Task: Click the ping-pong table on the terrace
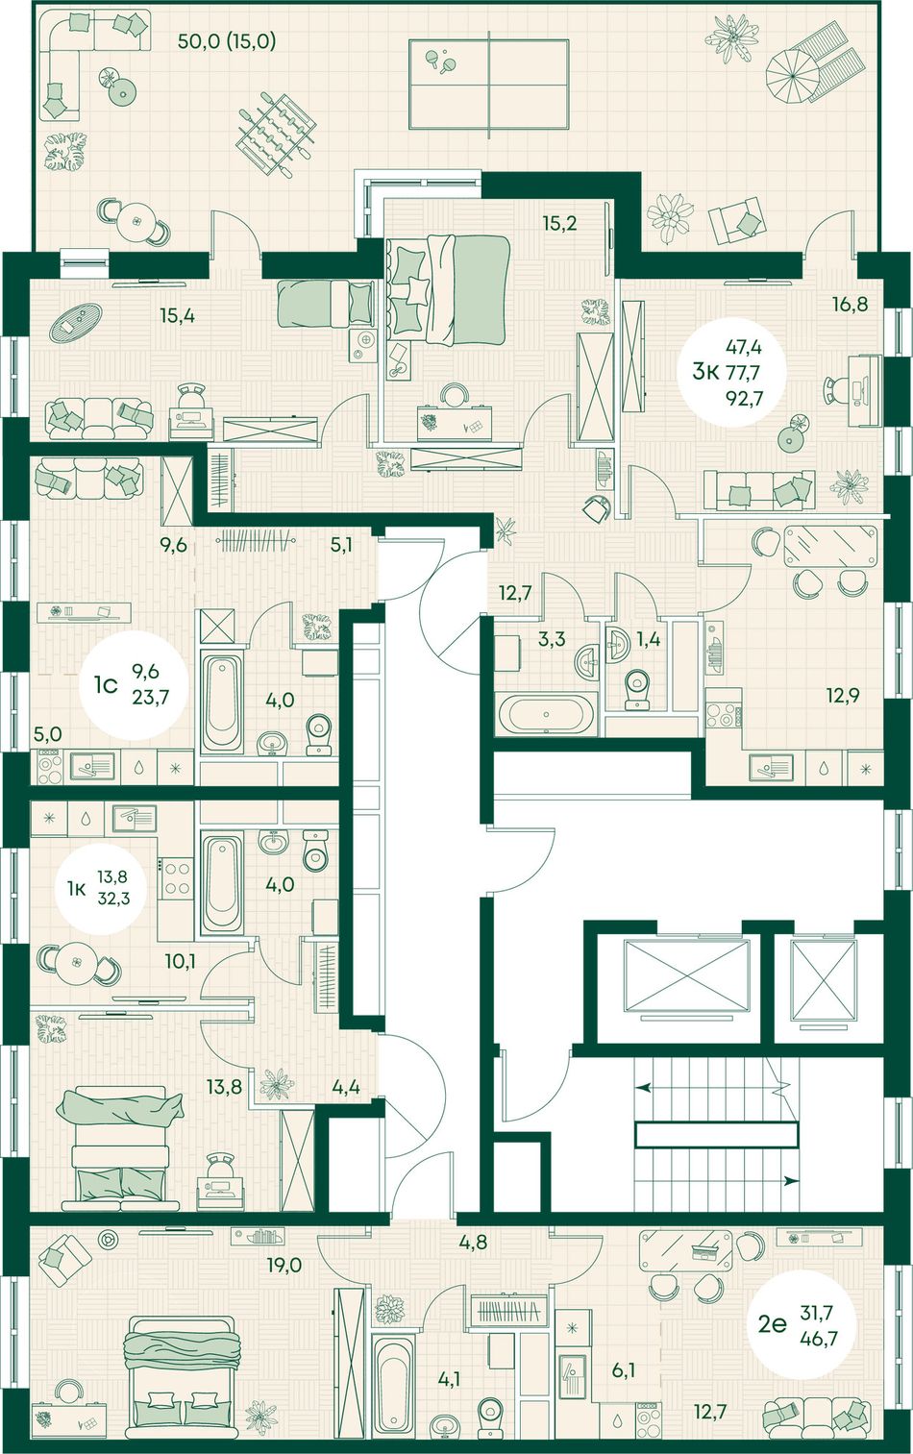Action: click(489, 84)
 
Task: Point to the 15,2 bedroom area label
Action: click(559, 224)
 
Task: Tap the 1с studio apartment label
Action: click(105, 685)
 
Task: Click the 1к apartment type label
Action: click(76, 889)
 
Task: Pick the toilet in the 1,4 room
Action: click(635, 690)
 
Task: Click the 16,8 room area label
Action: click(850, 304)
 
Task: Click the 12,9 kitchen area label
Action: click(843, 696)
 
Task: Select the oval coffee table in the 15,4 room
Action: click(77, 322)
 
